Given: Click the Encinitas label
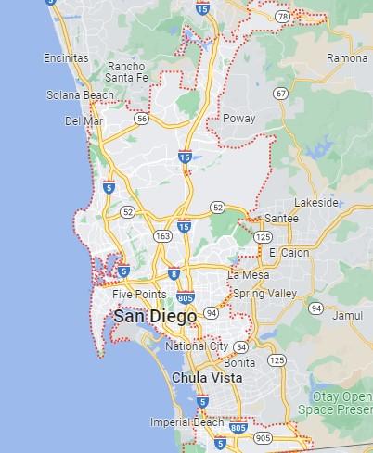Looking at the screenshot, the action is (66, 58).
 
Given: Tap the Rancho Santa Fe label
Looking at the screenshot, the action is (126, 72).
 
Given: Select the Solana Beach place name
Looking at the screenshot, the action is (80, 95).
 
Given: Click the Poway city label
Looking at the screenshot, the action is (239, 119).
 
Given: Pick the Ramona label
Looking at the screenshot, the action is (347, 58).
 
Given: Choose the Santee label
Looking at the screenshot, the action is (281, 218).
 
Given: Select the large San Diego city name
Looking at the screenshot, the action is (155, 317).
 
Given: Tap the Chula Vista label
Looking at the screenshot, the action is (207, 378).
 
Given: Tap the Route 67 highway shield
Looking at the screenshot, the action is (280, 94).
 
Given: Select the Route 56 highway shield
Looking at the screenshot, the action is (141, 119).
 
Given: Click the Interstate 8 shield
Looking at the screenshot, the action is (174, 274).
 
